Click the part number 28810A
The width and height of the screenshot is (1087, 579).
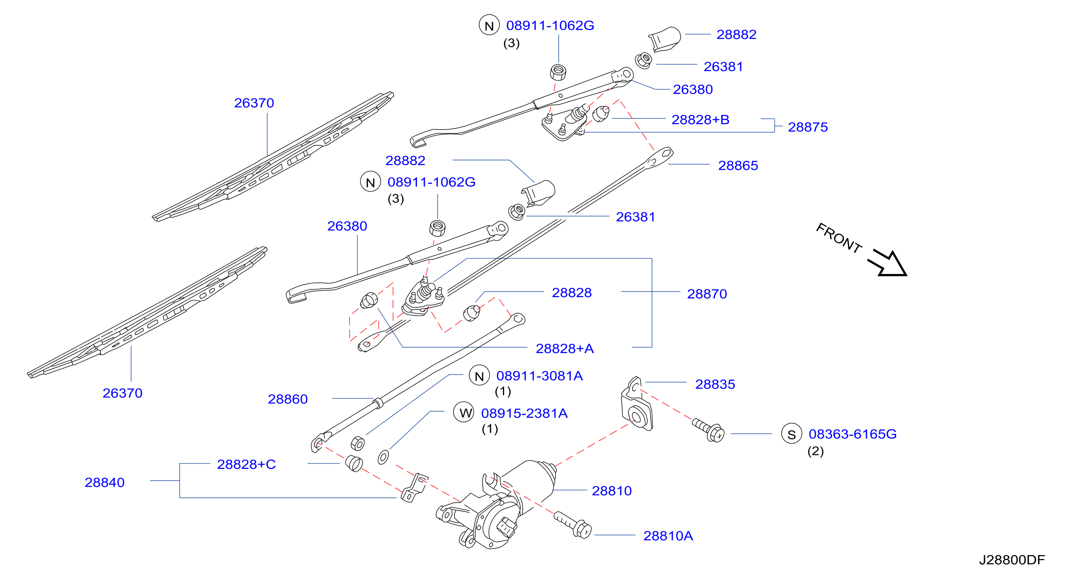(668, 536)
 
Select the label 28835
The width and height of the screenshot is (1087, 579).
(715, 384)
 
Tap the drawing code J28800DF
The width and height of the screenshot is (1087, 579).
(1012, 559)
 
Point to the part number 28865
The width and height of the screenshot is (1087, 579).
(738, 165)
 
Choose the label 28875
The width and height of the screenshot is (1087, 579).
(808, 127)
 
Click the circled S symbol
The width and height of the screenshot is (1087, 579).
(791, 433)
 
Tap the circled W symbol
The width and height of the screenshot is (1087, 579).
(464, 412)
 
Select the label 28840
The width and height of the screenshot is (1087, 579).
(105, 482)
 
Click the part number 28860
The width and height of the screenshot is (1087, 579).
(288, 399)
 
